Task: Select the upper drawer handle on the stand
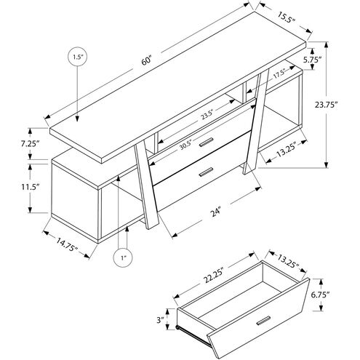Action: (208, 140)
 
